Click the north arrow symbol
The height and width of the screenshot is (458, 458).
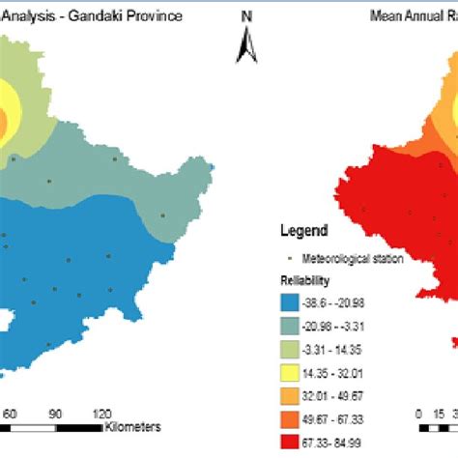coord(246,43)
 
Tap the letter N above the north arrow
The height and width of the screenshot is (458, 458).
coord(246,15)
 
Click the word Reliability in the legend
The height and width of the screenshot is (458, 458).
coord(304,279)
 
